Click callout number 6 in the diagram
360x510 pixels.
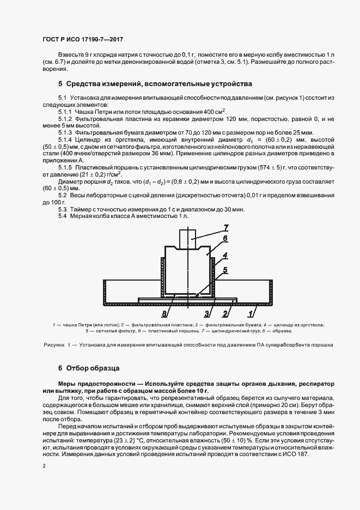pos(225,238)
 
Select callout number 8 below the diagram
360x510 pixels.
pos(164,313)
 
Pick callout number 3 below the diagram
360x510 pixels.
pos(206,313)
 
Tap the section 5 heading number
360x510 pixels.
pos(60,84)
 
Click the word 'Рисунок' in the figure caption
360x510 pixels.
pos(53,345)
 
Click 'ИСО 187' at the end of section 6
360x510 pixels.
pos(297,455)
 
